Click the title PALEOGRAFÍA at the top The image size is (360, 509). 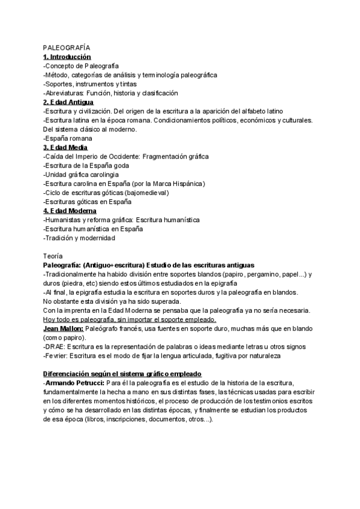(x=66, y=47)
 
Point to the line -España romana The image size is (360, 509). (x=68, y=138)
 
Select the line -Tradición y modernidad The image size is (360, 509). (x=79, y=238)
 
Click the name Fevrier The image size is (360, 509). (x=56, y=356)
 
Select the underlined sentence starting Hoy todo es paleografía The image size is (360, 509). (x=116, y=319)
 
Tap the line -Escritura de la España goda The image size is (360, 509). (x=86, y=165)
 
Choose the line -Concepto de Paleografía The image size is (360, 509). (x=81, y=65)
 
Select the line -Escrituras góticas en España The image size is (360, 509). (x=88, y=202)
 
